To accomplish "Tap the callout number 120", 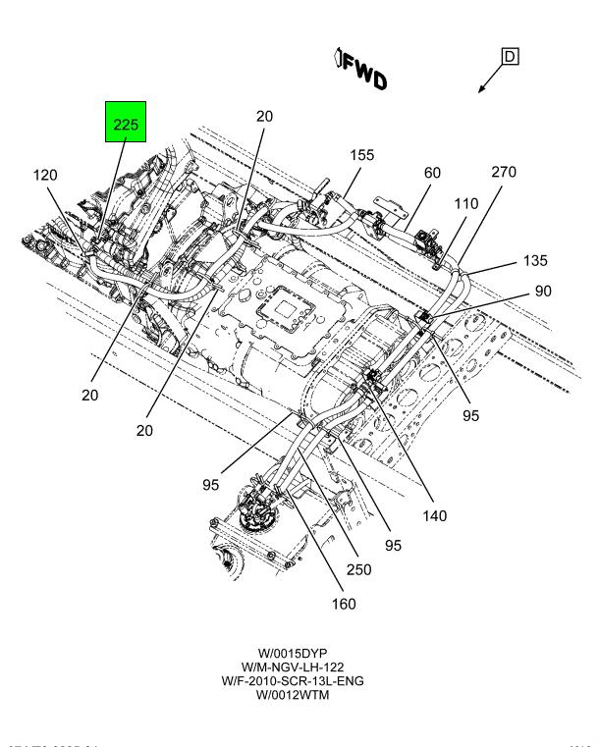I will (45, 175).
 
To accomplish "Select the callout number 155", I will (362, 155).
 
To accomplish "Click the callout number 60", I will (432, 173).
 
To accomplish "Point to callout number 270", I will (504, 171).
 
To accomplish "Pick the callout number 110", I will (465, 204).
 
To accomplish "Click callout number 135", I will (535, 261).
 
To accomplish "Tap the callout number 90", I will (543, 292).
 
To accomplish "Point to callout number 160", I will (344, 604).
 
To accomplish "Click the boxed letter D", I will (510, 57).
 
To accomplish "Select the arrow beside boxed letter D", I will (488, 81).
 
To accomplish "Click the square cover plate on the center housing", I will (285, 311).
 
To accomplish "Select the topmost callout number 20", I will (264, 116).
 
